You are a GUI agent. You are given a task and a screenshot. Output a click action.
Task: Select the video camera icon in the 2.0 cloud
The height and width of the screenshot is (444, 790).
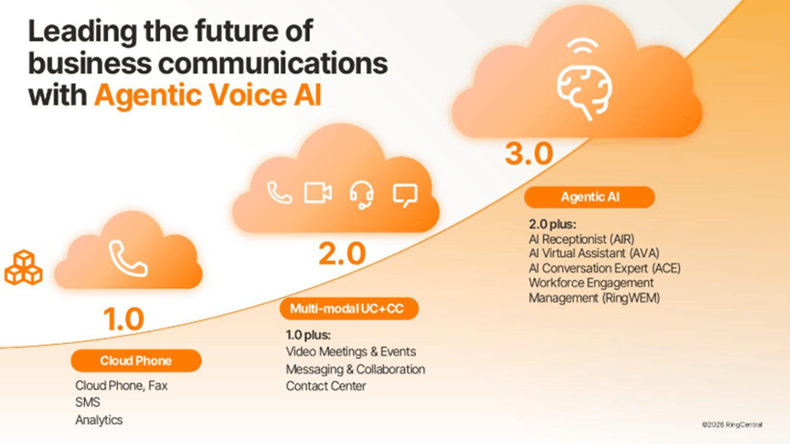coord(318,193)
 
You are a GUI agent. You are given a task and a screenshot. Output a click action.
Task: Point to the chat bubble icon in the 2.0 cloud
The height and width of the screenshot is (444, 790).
coord(405,194)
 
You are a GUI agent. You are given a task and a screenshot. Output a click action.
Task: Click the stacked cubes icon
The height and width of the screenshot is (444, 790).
coord(23,267)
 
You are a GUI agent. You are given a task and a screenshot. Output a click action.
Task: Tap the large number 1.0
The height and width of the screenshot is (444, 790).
coord(123,320)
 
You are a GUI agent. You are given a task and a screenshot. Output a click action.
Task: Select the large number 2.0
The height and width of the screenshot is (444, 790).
coord(342,253)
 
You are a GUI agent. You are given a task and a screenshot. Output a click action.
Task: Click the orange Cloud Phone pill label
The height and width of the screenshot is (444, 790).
coord(136,360)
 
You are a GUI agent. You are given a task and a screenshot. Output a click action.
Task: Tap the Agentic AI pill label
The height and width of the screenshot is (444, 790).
coord(589,197)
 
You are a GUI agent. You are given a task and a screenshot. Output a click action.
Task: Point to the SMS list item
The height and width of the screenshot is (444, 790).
coord(88,403)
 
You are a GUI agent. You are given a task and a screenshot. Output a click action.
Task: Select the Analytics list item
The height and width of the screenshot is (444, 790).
coord(99,420)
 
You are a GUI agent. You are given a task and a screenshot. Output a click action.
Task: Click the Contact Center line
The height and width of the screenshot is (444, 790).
coord(326,386)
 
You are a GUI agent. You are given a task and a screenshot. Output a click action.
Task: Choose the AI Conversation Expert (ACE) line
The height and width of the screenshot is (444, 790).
coord(604,268)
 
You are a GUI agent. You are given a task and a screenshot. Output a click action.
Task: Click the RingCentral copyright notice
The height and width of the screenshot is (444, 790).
coord(732,425)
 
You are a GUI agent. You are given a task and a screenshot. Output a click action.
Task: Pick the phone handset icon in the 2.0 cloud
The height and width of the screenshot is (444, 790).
coord(279,193)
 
